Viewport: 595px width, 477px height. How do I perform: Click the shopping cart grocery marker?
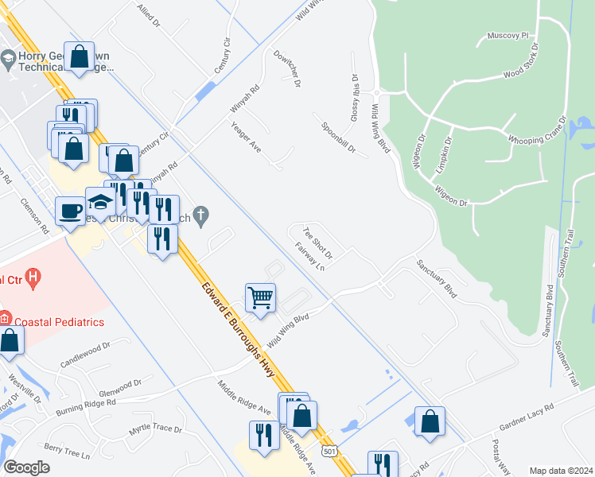coord(260,298)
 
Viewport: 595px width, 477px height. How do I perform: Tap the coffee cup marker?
coord(70,211)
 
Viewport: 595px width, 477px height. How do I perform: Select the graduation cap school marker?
coord(100,201)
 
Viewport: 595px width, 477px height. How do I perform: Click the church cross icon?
coord(202,214)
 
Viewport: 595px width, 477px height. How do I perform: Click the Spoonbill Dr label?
coord(344,138)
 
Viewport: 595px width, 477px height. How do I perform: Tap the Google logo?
coord(26,467)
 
